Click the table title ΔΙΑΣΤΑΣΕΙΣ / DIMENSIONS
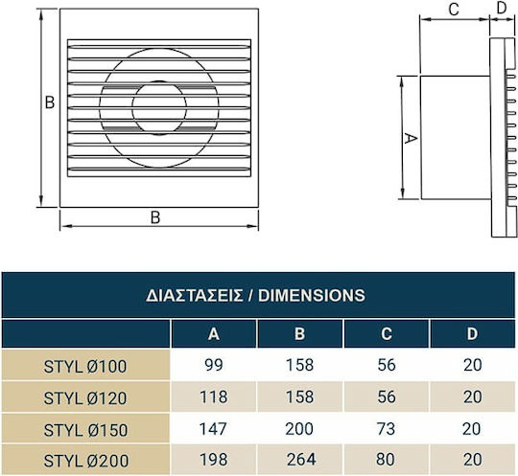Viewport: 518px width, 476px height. pos(255,295)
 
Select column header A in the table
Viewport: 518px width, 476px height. pos(214,334)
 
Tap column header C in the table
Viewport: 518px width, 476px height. pos(387,334)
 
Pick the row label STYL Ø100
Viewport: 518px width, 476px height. pos(85,367)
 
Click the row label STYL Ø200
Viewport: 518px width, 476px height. pos(86,461)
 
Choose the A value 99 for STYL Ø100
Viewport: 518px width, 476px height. pos(214,365)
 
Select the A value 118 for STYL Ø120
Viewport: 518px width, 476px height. pos(213,397)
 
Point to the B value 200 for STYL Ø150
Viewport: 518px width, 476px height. pos(299,429)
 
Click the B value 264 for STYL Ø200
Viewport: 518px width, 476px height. pos(301,460)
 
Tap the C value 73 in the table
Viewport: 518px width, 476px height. pos(386,429)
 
